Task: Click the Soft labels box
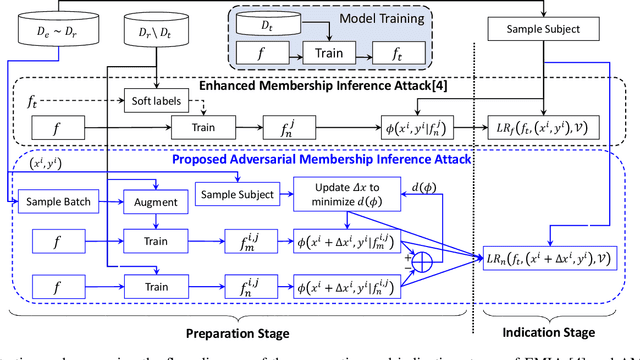[155, 100]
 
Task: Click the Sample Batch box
[53, 201]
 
